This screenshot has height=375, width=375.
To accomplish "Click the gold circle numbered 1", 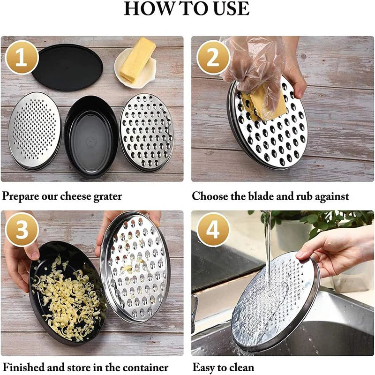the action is coord(22,58).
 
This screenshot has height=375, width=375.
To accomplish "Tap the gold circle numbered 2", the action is coord(213,58).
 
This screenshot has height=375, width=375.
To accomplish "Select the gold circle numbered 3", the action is coord(22,230).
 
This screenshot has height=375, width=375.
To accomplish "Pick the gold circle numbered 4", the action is coord(213,230).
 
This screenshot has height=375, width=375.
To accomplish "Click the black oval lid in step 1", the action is coord(67,67).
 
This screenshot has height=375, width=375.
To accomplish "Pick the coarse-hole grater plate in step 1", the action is coord(147,133).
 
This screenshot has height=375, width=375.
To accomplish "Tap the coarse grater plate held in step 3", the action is coord(135,267).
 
